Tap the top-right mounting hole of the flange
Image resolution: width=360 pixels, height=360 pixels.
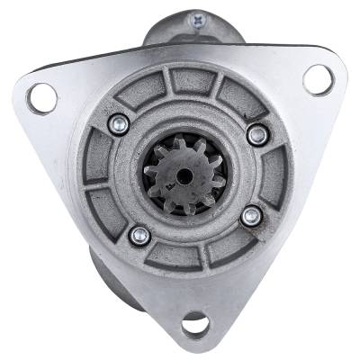pyautogui.click(x=318, y=80)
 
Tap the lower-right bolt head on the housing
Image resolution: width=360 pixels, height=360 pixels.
pyautogui.click(x=253, y=215)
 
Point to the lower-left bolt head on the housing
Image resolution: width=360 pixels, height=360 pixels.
pyautogui.click(x=139, y=236)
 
